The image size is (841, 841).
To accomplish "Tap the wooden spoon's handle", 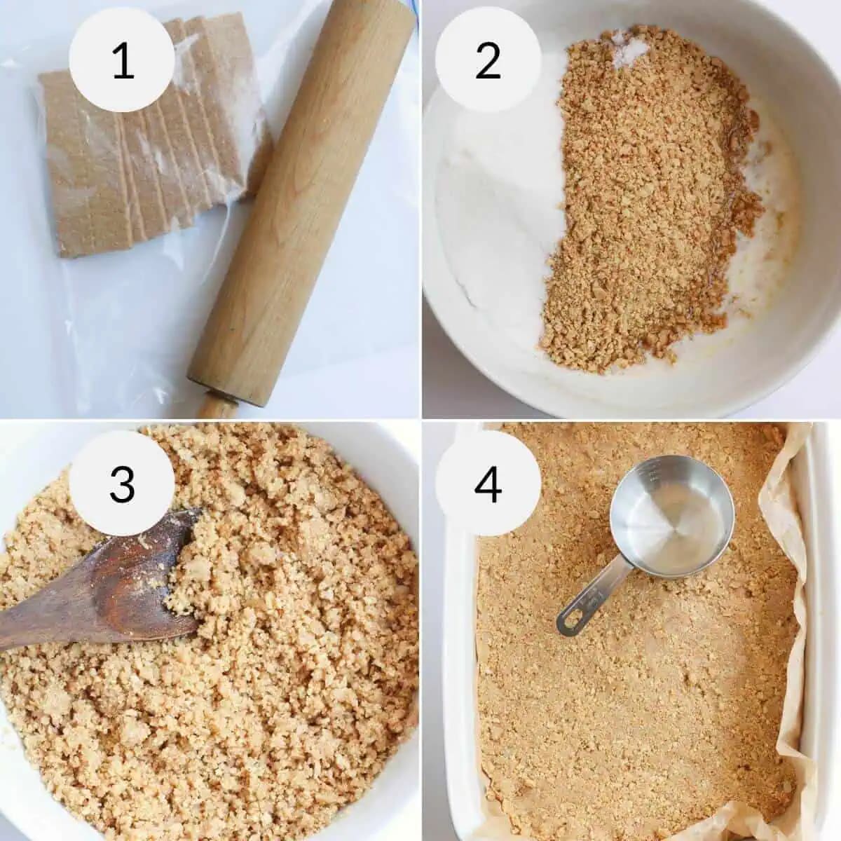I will coord(42,617).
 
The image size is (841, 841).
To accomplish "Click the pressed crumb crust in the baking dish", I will coord(631,701).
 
